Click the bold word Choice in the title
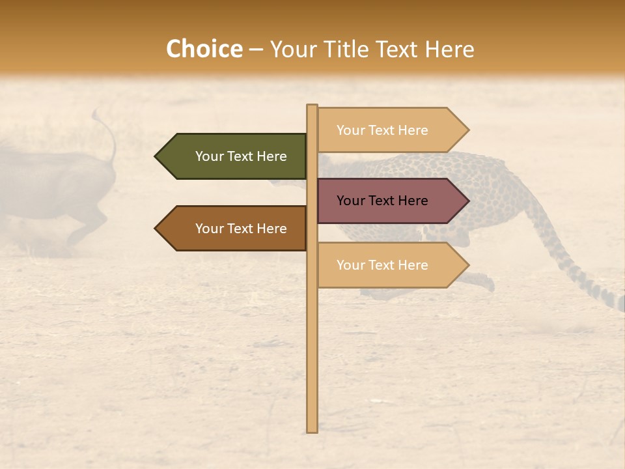[x=204, y=50]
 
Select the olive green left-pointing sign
[x=234, y=156]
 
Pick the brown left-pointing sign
[x=234, y=229]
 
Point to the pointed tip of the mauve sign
[x=467, y=201]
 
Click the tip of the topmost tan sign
[x=467, y=130]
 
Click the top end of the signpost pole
[x=312, y=106]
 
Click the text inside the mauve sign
[x=382, y=201]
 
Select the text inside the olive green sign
[x=241, y=156]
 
